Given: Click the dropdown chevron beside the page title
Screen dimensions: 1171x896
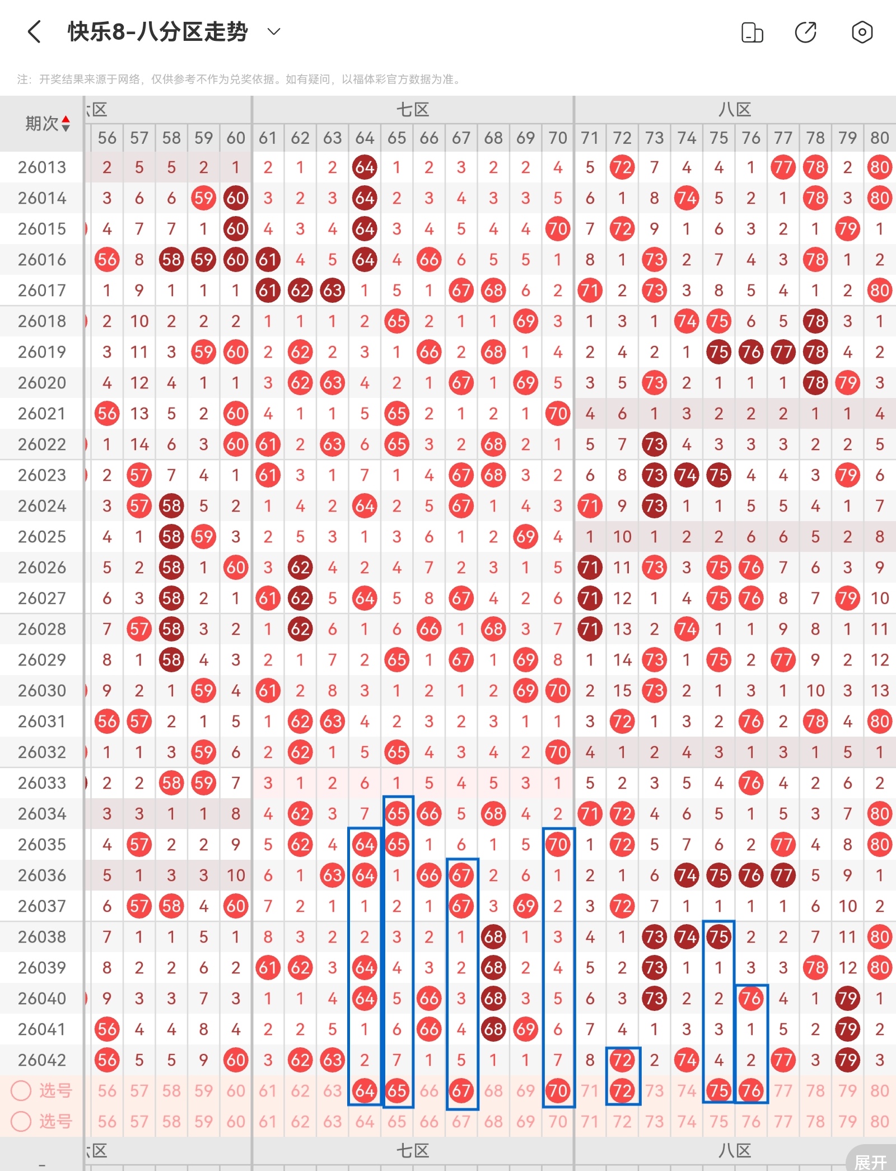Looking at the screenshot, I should [x=274, y=32].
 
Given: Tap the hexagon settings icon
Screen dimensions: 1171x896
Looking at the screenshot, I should [x=862, y=32].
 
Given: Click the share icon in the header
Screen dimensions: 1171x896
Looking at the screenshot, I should [x=806, y=32].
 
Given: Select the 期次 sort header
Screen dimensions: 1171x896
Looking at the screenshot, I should [x=47, y=124].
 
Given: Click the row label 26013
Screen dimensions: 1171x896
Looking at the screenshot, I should [x=42, y=167].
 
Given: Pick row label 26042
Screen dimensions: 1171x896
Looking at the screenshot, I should [x=42, y=1060].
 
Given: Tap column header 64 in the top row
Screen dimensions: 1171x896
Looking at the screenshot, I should [x=365, y=138].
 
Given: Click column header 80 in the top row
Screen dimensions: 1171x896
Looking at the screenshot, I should [x=879, y=138].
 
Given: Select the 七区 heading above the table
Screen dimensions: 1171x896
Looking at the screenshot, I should [x=413, y=110].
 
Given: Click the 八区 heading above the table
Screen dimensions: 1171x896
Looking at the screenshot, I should [x=735, y=110].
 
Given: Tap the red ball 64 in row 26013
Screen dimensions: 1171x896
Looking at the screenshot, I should [x=365, y=167].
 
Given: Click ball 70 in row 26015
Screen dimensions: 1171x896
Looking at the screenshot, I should [x=558, y=229].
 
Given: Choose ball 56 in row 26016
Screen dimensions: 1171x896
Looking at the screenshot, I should [x=107, y=260].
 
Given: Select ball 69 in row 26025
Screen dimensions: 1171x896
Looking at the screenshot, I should [x=525, y=537].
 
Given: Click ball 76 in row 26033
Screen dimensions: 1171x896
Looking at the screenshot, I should [x=751, y=783].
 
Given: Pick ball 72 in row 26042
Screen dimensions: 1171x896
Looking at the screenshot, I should [x=622, y=1060].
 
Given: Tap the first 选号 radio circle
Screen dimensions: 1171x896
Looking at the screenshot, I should [x=21, y=1090].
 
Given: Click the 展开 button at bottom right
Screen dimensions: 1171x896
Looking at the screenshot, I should [x=871, y=1161].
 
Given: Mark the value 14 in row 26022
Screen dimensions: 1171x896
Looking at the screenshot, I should [x=139, y=444].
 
